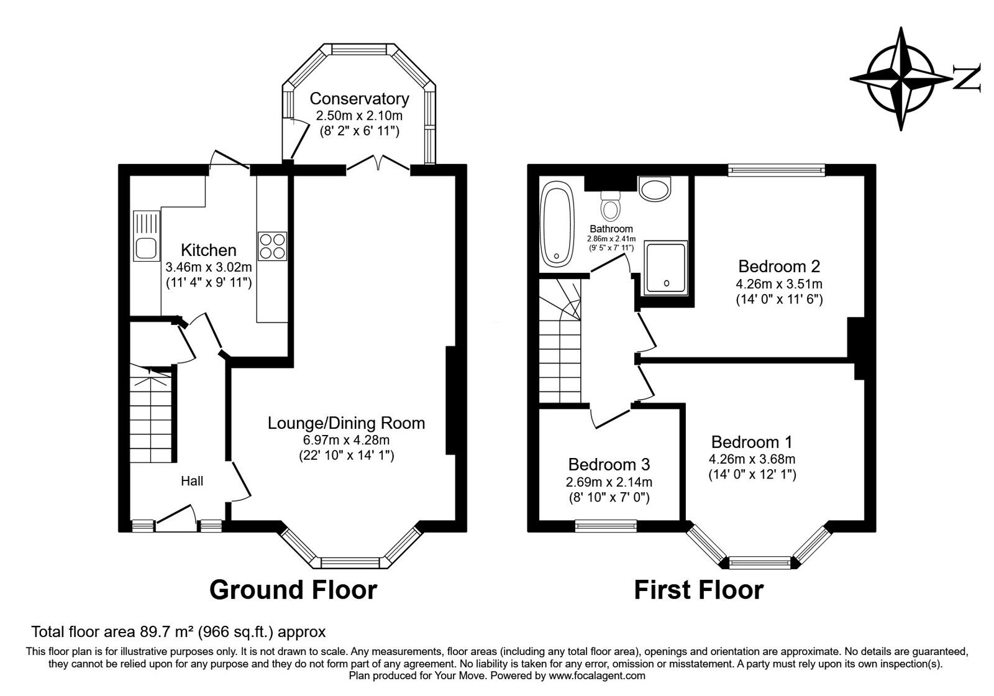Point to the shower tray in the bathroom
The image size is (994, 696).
[666, 267]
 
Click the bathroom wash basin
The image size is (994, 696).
[655, 189]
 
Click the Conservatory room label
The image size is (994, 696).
[359, 99]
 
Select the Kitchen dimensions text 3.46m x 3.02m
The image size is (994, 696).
[209, 268]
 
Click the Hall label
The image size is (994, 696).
[192, 480]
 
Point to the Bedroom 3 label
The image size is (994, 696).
[609, 464]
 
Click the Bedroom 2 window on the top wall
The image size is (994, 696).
[776, 168]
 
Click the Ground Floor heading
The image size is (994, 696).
[293, 589]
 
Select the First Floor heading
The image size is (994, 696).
[698, 589]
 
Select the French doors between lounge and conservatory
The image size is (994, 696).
[377, 163]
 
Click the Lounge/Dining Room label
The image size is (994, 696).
[346, 423]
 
